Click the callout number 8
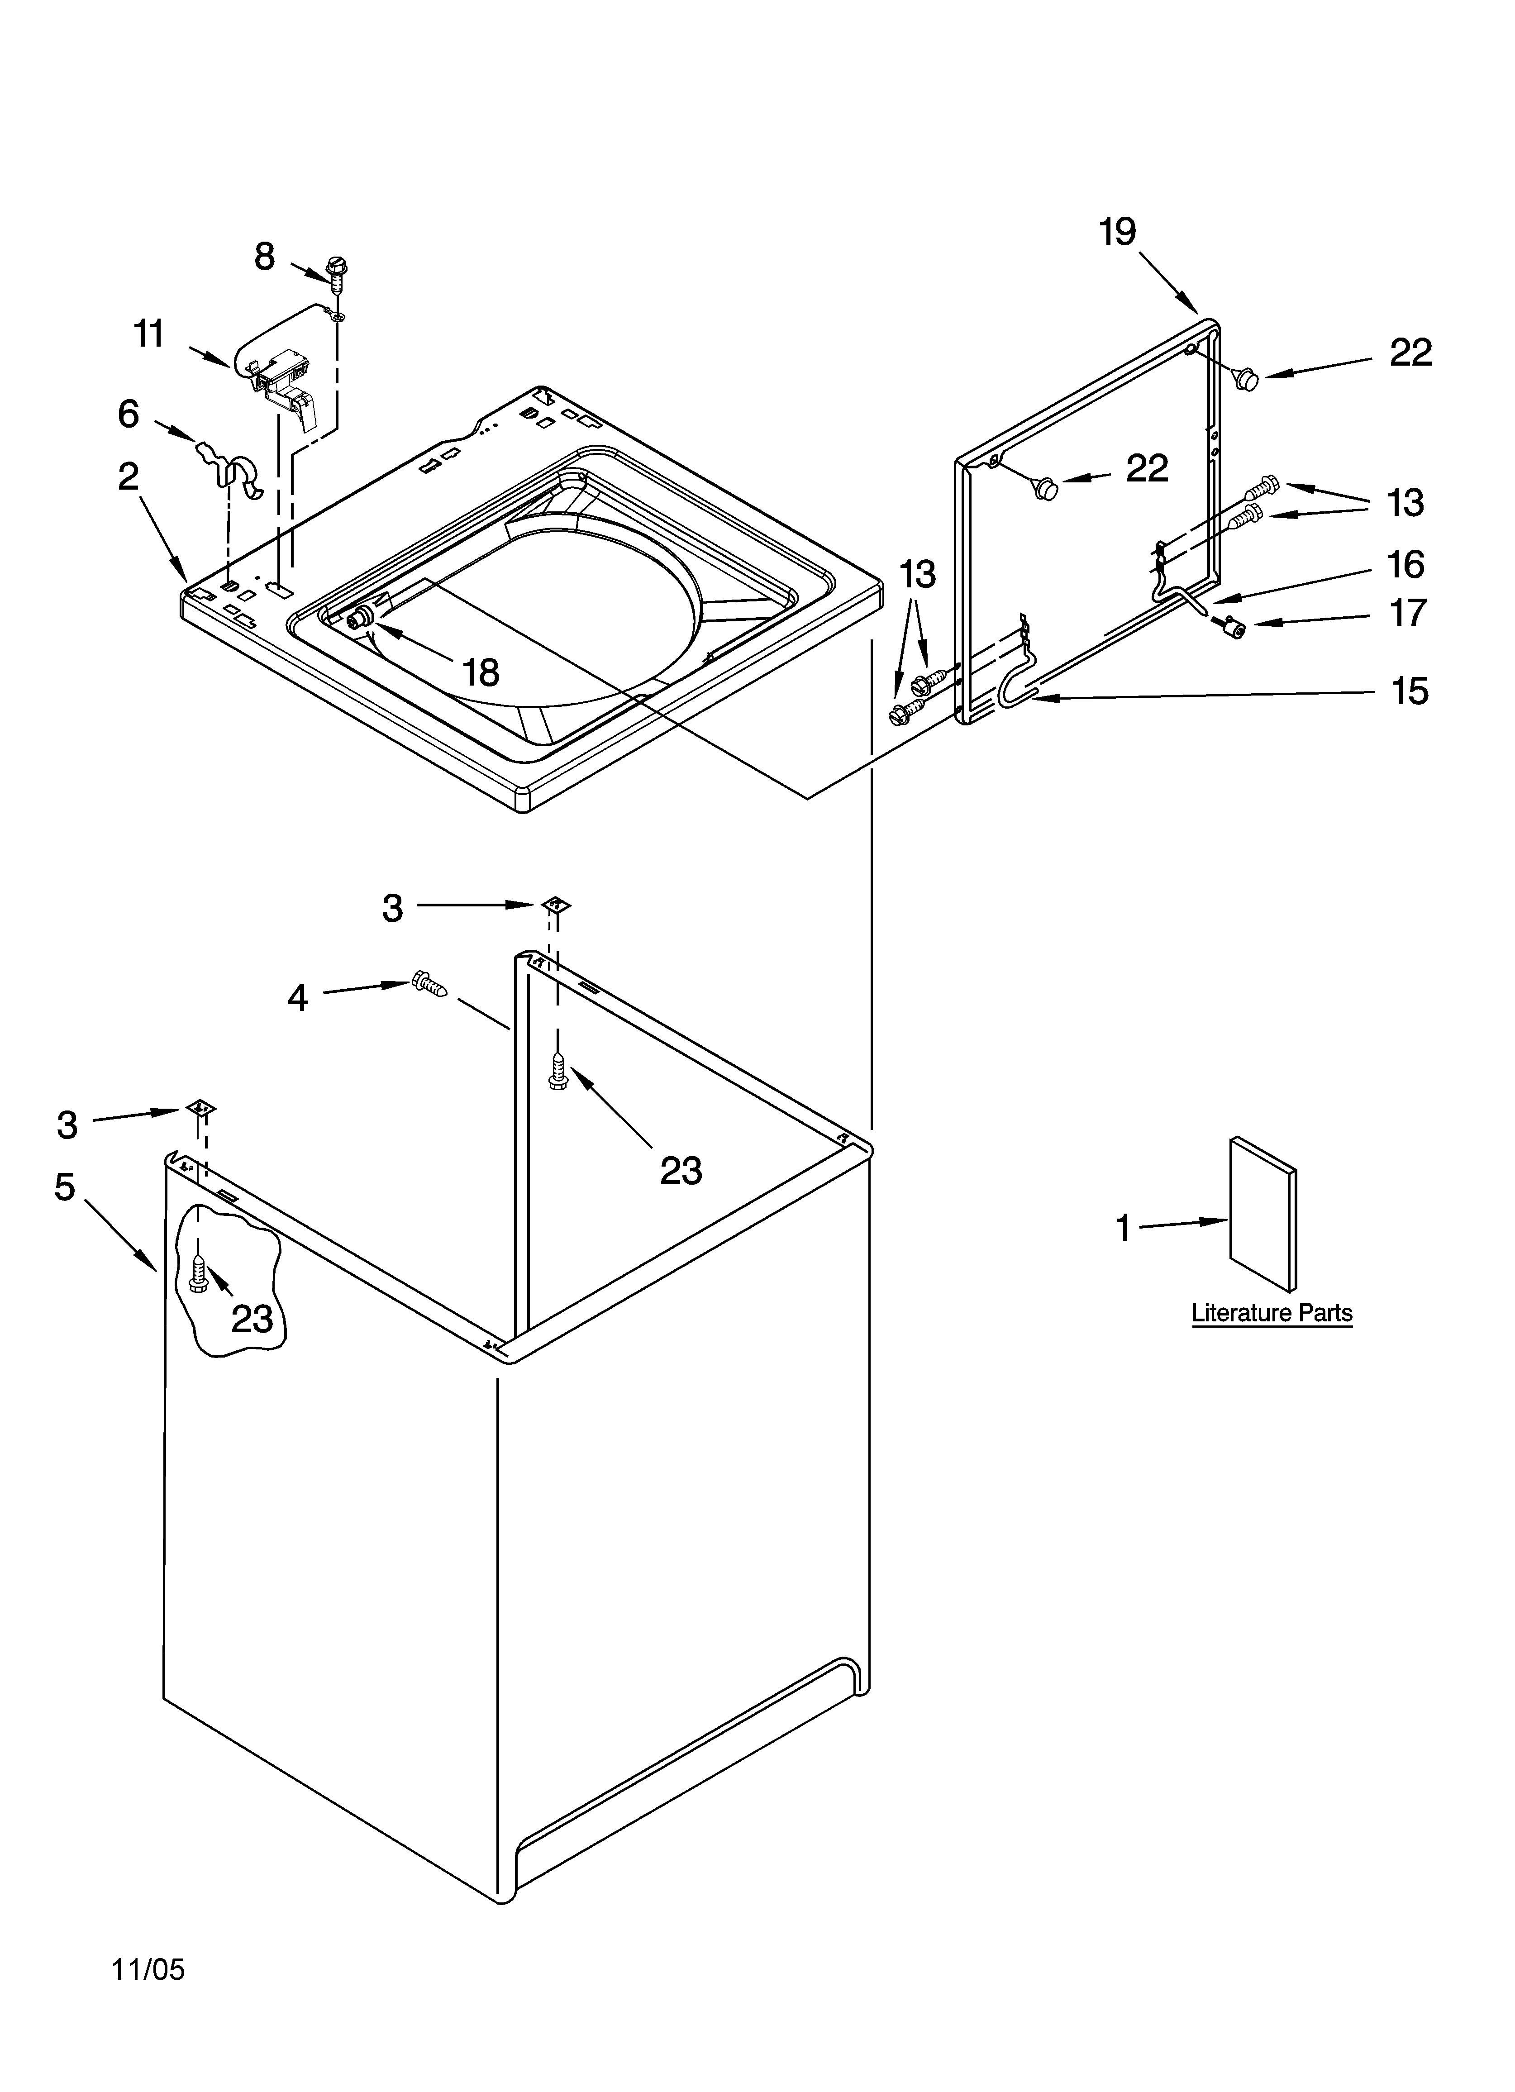coord(265,257)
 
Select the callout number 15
coord(1409,691)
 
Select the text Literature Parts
coord(1272,1313)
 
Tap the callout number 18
coord(481,672)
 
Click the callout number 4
coord(297,998)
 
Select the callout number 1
coord(1123,1228)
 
